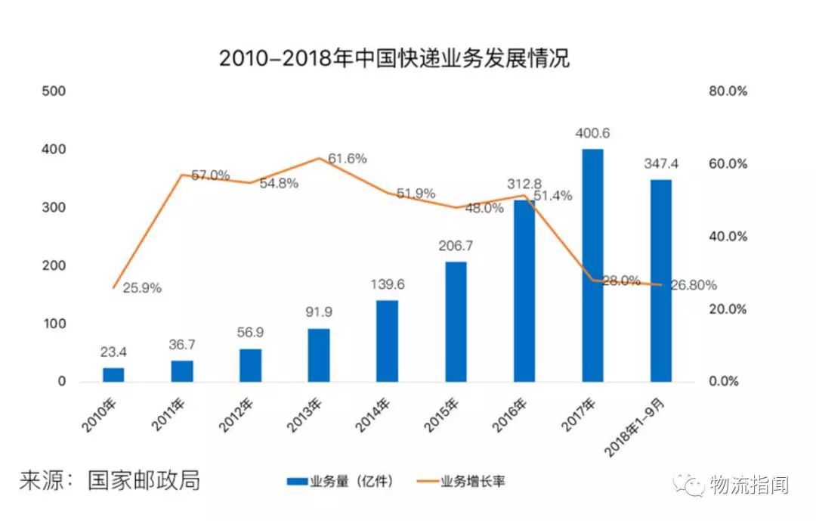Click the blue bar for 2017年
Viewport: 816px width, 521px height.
pos(592,265)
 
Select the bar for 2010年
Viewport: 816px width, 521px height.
pos(113,374)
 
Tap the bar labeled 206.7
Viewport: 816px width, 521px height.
pos(456,321)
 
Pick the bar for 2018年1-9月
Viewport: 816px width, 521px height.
pos(660,280)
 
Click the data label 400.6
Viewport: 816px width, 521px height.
pos(592,134)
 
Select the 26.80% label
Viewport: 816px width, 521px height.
pos(694,285)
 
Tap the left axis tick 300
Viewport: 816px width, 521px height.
pos(58,207)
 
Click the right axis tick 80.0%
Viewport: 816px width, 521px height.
pos(728,91)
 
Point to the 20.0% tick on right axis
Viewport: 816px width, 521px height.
pos(728,309)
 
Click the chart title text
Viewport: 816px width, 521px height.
pos(394,58)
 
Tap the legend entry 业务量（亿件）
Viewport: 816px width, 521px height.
pos(340,481)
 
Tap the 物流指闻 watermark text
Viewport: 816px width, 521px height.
pos(748,485)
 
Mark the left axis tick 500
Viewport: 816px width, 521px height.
pos(58,91)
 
